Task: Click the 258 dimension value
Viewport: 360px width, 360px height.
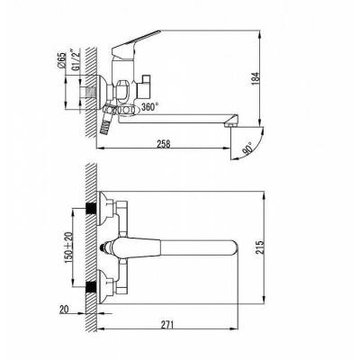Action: [x=164, y=144]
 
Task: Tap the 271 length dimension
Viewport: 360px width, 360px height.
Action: [x=167, y=325]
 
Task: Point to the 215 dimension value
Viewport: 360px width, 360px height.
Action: [x=260, y=247]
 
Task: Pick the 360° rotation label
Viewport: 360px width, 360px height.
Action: [x=149, y=107]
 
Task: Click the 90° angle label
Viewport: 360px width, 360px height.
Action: [x=248, y=149]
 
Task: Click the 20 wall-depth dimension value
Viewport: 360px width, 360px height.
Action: [x=65, y=310]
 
